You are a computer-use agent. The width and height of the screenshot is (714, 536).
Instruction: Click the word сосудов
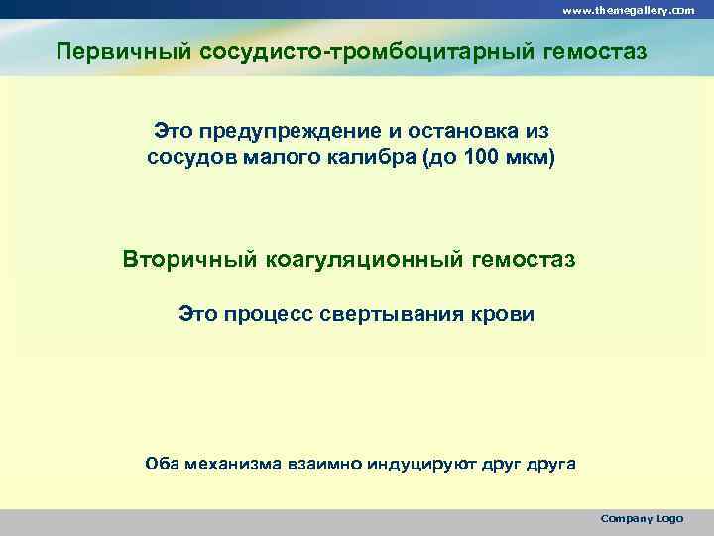coord(187,157)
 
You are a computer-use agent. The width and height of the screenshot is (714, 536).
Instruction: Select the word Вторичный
coord(189,260)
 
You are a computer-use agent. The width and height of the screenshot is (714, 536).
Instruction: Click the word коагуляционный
coord(361,260)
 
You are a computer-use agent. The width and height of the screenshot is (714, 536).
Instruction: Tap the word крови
coord(500,315)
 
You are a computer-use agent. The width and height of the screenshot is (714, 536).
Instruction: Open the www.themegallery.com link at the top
coord(629,9)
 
